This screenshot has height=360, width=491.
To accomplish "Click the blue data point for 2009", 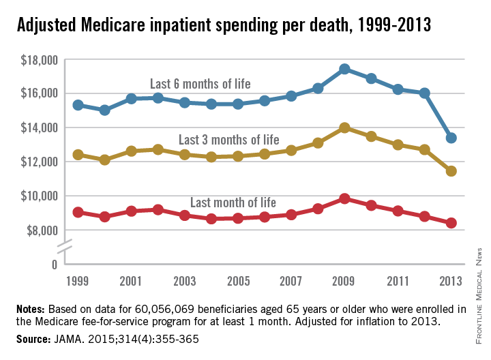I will pos(344,69).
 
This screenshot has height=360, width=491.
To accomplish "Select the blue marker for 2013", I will pos(451,138).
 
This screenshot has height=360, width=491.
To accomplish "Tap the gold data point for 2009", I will pos(344,127).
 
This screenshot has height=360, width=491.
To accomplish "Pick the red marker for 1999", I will pos(78,212).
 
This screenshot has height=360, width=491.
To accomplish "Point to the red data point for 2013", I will pos(451,222).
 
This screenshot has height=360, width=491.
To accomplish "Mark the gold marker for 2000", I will pos(105,160).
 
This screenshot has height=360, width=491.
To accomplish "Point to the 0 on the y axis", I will pos(54,263).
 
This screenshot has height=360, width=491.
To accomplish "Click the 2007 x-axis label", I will pos(291,281).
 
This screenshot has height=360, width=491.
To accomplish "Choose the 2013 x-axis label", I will pos(451,281).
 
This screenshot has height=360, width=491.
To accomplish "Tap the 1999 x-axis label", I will pos(78,281).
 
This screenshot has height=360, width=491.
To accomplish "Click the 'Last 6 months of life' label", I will pos(200,84).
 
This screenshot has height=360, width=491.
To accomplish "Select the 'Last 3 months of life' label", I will pos(228,140).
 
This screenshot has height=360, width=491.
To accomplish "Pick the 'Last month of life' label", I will pos(233,202).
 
